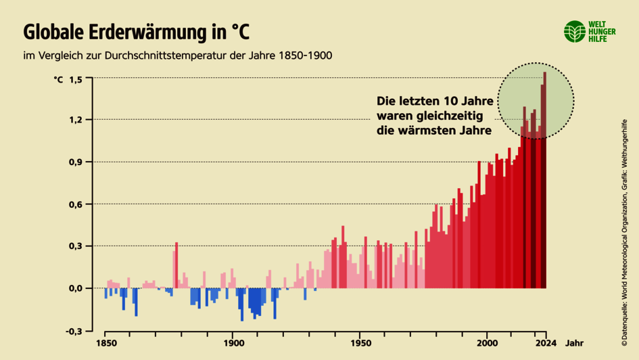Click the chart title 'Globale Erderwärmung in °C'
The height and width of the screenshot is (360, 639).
click(x=136, y=31)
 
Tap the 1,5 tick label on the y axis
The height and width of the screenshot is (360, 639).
click(x=76, y=79)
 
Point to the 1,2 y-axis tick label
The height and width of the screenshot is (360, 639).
click(x=76, y=120)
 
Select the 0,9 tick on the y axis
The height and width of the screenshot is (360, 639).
click(x=76, y=162)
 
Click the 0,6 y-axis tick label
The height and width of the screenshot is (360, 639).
click(x=76, y=204)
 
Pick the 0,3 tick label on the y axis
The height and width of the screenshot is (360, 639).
click(x=76, y=246)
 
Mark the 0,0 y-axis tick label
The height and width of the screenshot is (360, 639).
click(x=76, y=288)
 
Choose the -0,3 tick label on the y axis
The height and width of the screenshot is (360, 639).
click(x=74, y=330)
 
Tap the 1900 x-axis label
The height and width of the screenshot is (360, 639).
click(x=233, y=343)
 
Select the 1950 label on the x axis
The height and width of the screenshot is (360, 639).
click(x=360, y=343)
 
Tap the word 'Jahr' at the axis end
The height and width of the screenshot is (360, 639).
click(x=575, y=343)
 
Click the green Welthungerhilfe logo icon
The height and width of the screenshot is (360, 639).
click(x=575, y=31)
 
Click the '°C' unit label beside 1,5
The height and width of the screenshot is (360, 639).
click(x=58, y=79)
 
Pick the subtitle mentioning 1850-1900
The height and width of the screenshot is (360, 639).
click(x=177, y=55)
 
